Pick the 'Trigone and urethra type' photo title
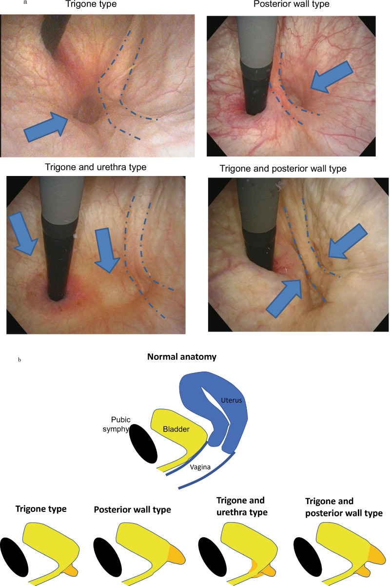click(x=96, y=167)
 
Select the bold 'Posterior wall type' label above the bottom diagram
click(x=132, y=510)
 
